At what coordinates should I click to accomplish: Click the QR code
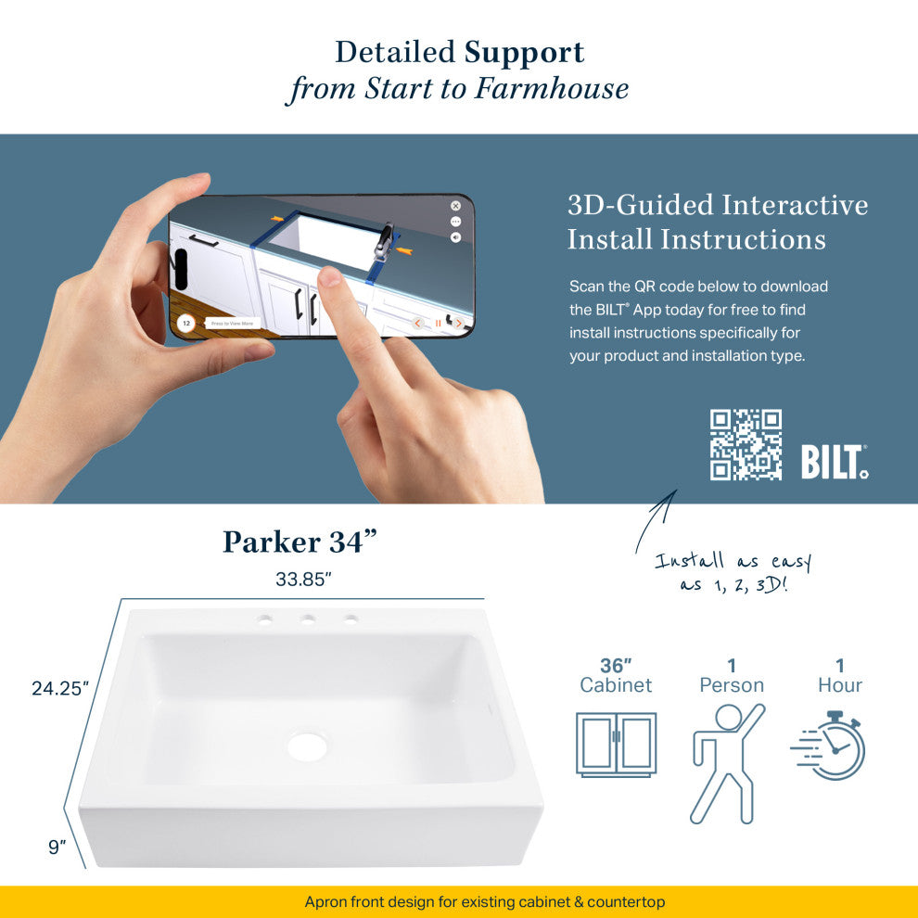coord(746,445)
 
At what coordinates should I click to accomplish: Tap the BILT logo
coord(835,462)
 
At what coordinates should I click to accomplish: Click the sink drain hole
coord(307,746)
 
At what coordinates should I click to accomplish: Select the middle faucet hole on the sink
coord(307,618)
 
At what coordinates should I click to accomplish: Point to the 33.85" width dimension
coord(303,579)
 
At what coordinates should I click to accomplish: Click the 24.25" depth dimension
coord(60,688)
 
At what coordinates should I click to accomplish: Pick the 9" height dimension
coord(57,847)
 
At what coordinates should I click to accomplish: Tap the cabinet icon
coord(616,744)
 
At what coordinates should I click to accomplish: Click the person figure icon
coord(728,763)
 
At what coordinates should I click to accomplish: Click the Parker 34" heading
coord(300,542)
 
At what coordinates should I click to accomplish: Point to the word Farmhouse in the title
coord(552,88)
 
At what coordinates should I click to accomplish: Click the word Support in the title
coord(525,54)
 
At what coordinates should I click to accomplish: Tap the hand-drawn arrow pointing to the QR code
coord(655,521)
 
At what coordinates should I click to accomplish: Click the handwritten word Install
coord(690,560)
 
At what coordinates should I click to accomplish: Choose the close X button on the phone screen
coord(455,206)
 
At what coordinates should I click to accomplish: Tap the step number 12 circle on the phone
coord(186,324)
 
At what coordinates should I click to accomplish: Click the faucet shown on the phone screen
coord(384,241)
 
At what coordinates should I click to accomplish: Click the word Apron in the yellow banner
coord(322,902)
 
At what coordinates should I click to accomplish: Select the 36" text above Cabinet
coord(616,666)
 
